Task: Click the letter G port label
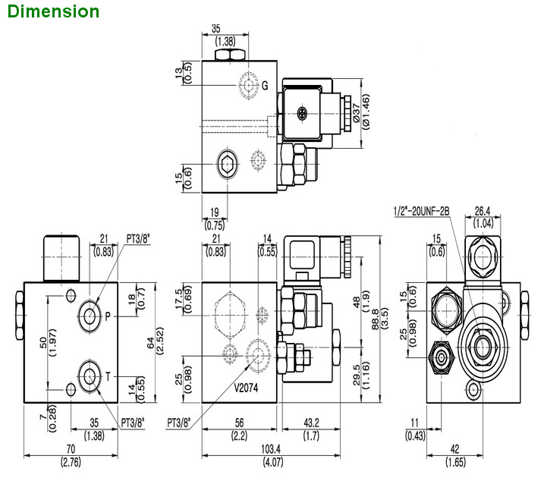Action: click(265, 85)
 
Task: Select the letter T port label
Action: click(108, 374)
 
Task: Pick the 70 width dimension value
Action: click(72, 449)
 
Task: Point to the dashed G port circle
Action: click(247, 84)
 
